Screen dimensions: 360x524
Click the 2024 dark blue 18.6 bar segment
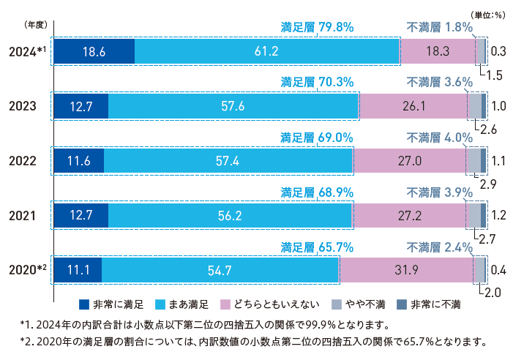point(94,51)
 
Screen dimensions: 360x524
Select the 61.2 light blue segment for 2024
point(266,51)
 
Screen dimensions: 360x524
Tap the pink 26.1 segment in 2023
point(413,106)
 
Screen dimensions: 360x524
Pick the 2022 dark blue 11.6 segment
point(78,161)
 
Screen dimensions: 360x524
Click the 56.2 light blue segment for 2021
point(230,216)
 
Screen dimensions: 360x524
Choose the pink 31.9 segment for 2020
point(406,271)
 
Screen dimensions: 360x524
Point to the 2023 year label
point(23,106)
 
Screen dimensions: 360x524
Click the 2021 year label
point(23,216)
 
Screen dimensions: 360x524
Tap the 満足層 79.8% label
point(318,27)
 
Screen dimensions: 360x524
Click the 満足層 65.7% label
point(318,247)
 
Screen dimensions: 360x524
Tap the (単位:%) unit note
point(488,14)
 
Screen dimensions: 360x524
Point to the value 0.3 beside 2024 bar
point(500,51)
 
